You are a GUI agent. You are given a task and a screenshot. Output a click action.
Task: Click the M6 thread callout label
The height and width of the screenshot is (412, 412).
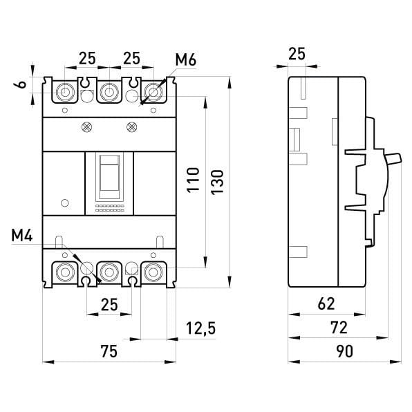point(186,59)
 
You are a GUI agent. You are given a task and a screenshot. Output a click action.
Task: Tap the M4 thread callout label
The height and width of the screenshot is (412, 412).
point(22,235)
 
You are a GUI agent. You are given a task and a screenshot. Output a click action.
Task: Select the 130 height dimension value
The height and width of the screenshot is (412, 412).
point(217,182)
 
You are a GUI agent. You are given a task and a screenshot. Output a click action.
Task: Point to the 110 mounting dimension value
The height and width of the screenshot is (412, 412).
point(193,180)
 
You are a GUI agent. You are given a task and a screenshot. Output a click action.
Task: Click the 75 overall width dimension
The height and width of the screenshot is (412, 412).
point(109,351)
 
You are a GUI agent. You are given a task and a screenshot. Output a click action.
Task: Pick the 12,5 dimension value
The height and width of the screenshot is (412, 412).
point(201,328)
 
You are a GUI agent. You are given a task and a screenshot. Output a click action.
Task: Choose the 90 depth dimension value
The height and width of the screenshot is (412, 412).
point(345,351)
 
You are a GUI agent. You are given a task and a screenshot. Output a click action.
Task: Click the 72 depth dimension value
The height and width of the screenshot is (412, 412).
point(339,328)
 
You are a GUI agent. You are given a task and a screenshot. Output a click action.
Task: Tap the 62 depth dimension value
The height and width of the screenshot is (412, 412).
point(326,303)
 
